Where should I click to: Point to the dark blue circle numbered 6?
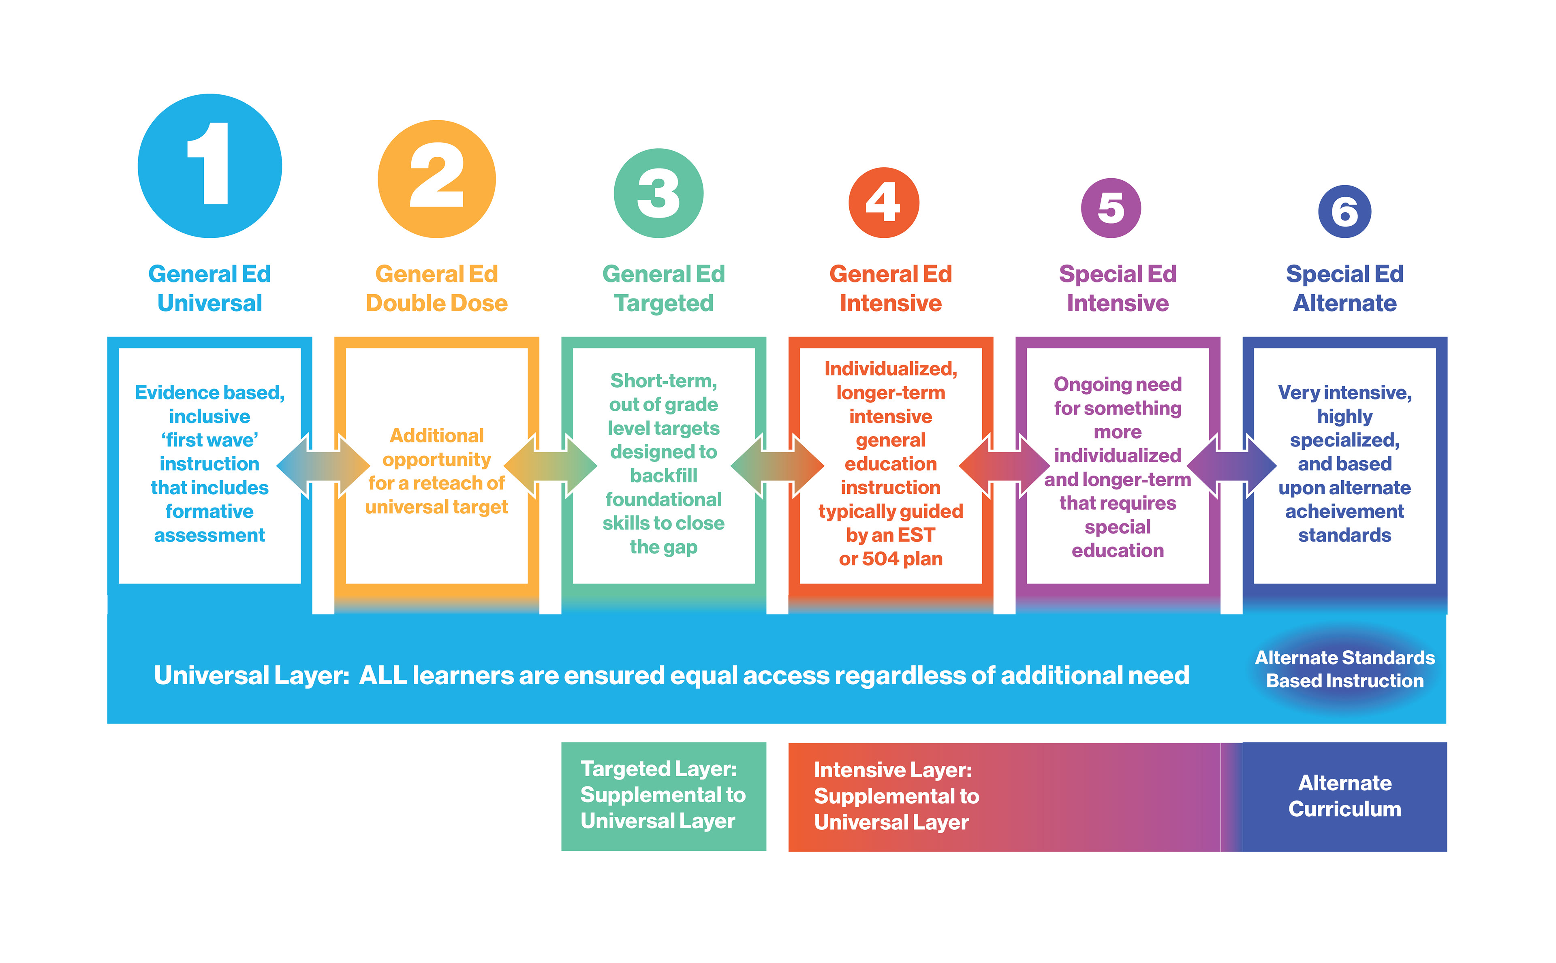tap(1344, 211)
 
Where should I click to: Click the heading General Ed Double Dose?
tap(436, 288)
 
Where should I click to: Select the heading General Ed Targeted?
tap(664, 288)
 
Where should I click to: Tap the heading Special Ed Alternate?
tap(1344, 288)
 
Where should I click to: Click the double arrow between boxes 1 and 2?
tap(323, 465)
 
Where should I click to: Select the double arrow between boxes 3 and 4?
tap(777, 465)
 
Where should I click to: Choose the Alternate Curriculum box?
tap(1344, 796)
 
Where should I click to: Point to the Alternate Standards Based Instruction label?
tap(1344, 669)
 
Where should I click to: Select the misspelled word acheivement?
tap(1344, 511)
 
